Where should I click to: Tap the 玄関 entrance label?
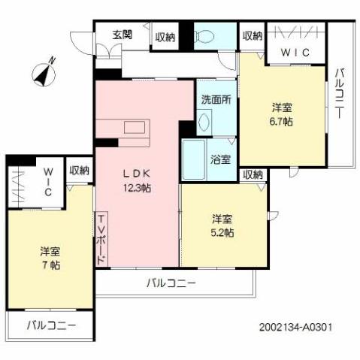click(123, 35)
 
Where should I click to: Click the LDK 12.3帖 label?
click(138, 180)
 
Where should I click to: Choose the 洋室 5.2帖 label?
click(222, 225)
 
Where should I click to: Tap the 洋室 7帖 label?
click(50, 259)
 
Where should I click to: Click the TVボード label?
click(101, 237)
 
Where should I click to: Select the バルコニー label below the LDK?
click(171, 283)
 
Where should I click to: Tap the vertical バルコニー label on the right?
click(340, 93)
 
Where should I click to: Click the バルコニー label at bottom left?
click(50, 326)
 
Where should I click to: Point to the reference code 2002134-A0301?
click(294, 328)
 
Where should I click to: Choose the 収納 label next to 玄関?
click(165, 35)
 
